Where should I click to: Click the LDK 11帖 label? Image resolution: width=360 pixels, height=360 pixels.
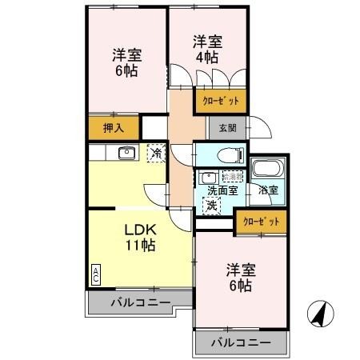[138, 238]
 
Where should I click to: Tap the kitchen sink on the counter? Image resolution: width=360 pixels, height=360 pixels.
[126, 153]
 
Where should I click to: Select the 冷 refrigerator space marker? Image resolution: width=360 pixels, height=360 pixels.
[156, 152]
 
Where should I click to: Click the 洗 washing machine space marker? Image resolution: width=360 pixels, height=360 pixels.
[210, 206]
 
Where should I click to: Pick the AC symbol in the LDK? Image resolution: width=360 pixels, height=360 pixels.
[95, 274]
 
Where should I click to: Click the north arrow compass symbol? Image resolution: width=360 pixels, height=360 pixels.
[320, 314]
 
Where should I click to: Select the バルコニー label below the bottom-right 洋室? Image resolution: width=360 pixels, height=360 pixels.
[241, 343]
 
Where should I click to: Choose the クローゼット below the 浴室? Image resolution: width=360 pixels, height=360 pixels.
[261, 222]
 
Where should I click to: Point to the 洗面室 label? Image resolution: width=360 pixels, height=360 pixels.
[222, 190]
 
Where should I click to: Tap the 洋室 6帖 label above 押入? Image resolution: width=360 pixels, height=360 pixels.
[127, 62]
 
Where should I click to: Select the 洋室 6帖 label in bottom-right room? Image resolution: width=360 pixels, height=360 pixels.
[239, 278]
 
